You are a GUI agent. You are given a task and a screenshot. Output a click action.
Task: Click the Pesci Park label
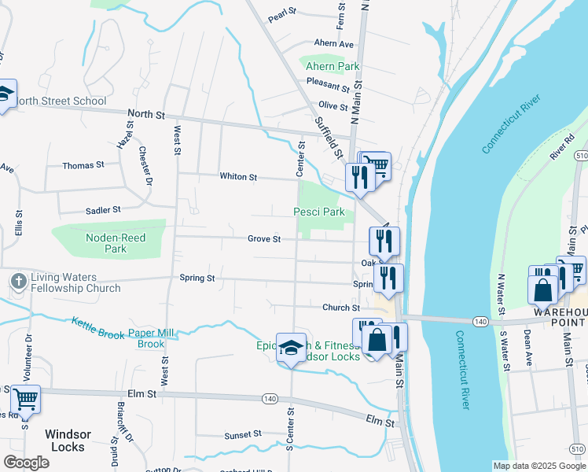point(318,212)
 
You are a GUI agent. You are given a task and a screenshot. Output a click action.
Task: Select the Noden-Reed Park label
point(105,243)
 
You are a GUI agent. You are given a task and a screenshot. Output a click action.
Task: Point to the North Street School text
point(61,101)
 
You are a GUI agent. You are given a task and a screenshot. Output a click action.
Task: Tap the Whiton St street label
point(238,178)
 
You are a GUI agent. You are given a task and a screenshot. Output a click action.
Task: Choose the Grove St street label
point(264,239)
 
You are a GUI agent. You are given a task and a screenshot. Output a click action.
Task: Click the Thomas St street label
point(83,166)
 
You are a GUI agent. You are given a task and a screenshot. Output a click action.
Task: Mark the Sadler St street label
point(102,211)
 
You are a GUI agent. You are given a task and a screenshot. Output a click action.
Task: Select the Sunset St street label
point(242,434)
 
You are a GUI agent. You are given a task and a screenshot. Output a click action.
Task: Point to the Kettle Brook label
point(97,328)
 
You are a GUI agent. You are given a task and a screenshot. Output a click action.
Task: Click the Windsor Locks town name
point(68,441)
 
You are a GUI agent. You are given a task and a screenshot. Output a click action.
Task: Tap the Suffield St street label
point(329,137)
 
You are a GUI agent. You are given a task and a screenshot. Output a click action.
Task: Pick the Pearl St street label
point(281,13)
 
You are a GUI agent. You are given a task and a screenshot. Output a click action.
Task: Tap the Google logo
point(26,463)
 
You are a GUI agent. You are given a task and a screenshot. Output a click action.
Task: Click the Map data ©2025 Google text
point(538,466)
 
